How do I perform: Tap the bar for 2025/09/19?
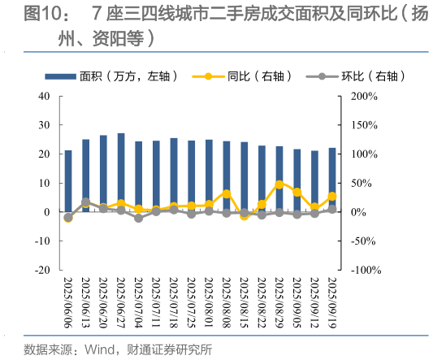tap(332, 180)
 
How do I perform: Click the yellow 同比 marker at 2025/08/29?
tap(279, 184)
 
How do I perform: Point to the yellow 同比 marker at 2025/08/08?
tap(227, 193)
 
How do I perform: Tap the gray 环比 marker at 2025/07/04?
tap(138, 218)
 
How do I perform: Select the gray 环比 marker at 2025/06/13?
tap(85, 202)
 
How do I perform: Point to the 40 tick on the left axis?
tap(45, 96)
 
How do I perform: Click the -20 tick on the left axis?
tap(42, 270)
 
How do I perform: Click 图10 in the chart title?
tap(41, 14)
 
